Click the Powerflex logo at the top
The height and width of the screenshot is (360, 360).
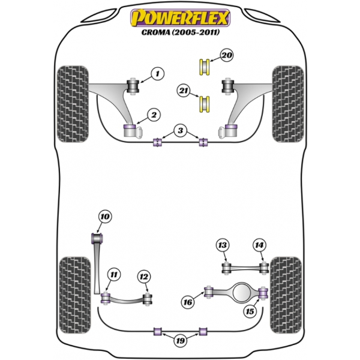180,17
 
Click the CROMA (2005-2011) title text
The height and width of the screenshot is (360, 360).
181,32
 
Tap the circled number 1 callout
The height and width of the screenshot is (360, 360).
158,74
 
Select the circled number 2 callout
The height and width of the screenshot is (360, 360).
154,115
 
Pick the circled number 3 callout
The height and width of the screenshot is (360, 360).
181,130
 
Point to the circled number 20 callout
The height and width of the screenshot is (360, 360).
227,55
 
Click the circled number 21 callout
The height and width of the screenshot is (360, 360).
184,91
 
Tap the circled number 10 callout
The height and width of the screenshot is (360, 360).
105,217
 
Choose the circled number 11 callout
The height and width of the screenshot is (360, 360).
114,275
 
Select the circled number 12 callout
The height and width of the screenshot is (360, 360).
144,277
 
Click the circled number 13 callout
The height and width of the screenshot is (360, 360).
223,245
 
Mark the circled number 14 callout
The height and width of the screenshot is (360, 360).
259,245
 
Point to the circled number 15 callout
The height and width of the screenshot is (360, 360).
250,311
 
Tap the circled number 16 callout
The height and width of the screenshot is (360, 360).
188,302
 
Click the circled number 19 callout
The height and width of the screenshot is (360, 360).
181,341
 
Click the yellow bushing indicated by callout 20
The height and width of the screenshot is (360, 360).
204,67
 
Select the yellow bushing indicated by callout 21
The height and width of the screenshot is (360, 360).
204,104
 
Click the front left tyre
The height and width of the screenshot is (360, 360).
73,104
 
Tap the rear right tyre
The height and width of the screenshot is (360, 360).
286,295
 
